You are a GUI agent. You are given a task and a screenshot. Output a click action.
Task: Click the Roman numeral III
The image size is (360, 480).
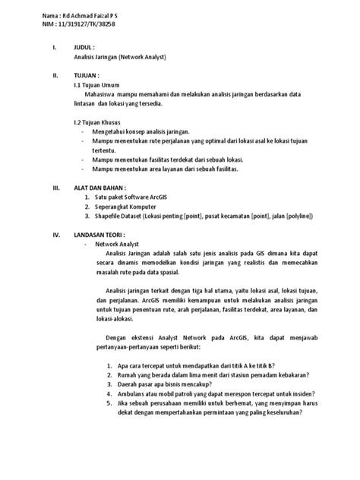click(54, 186)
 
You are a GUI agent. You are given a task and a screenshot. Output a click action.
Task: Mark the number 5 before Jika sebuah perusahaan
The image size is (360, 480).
click(108, 405)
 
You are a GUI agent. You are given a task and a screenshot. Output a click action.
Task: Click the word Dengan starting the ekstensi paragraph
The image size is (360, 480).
click(115, 336)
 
